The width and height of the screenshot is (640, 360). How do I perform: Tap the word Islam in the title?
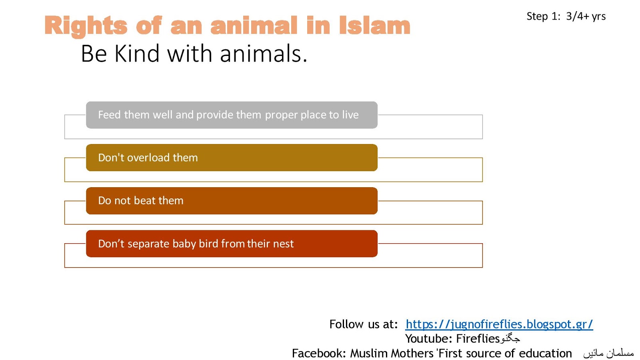pyautogui.click(x=375, y=25)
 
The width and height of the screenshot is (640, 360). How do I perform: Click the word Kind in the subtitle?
pyautogui.click(x=137, y=54)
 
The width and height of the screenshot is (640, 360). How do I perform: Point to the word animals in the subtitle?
pyautogui.click(x=264, y=54)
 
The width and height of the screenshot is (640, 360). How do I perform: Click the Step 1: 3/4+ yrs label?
pyautogui.click(x=566, y=16)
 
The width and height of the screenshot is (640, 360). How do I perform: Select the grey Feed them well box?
pyautogui.click(x=232, y=115)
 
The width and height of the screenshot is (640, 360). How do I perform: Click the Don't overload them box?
pyautogui.click(x=232, y=158)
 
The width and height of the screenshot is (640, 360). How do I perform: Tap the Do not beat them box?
pyautogui.click(x=232, y=200)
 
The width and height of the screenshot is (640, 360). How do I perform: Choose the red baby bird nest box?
pyautogui.click(x=232, y=244)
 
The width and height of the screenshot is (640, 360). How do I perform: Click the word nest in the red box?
pyautogui.click(x=283, y=244)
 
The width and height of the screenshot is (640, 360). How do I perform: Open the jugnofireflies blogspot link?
pyautogui.click(x=499, y=324)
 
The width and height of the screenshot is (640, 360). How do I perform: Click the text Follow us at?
pyautogui.click(x=364, y=324)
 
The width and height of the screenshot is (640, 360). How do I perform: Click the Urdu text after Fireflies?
pyautogui.click(x=510, y=339)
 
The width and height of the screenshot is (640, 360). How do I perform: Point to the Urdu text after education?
pyautogui.click(x=608, y=354)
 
